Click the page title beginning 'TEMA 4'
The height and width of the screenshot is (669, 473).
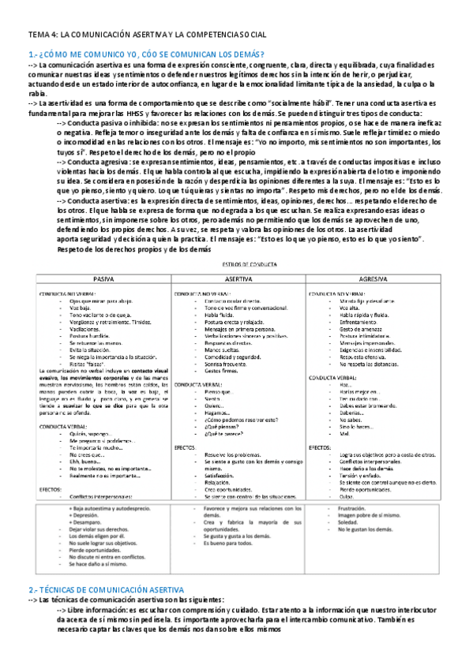148,36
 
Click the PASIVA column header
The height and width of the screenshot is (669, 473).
104,279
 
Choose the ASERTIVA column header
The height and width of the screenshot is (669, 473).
234,279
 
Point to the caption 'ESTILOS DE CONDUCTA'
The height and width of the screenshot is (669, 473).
235,266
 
